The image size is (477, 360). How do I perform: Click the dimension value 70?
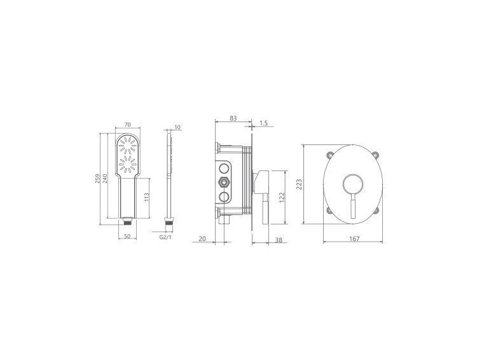pyautogui.click(x=128, y=125)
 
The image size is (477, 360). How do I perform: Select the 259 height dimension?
pyautogui.click(x=98, y=179)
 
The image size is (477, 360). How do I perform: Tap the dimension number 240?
pyautogui.click(x=105, y=179)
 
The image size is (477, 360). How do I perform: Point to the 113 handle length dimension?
pyautogui.click(x=147, y=198)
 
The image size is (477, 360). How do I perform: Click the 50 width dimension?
pyautogui.click(x=127, y=237)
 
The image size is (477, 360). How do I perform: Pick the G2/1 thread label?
pyautogui.click(x=165, y=237)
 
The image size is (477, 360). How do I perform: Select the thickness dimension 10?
pyautogui.click(x=177, y=127)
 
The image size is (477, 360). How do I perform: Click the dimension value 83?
pyautogui.click(x=233, y=118)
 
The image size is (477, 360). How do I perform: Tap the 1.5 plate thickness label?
pyautogui.click(x=264, y=123)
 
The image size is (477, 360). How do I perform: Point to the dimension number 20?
pyautogui.click(x=202, y=239)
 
